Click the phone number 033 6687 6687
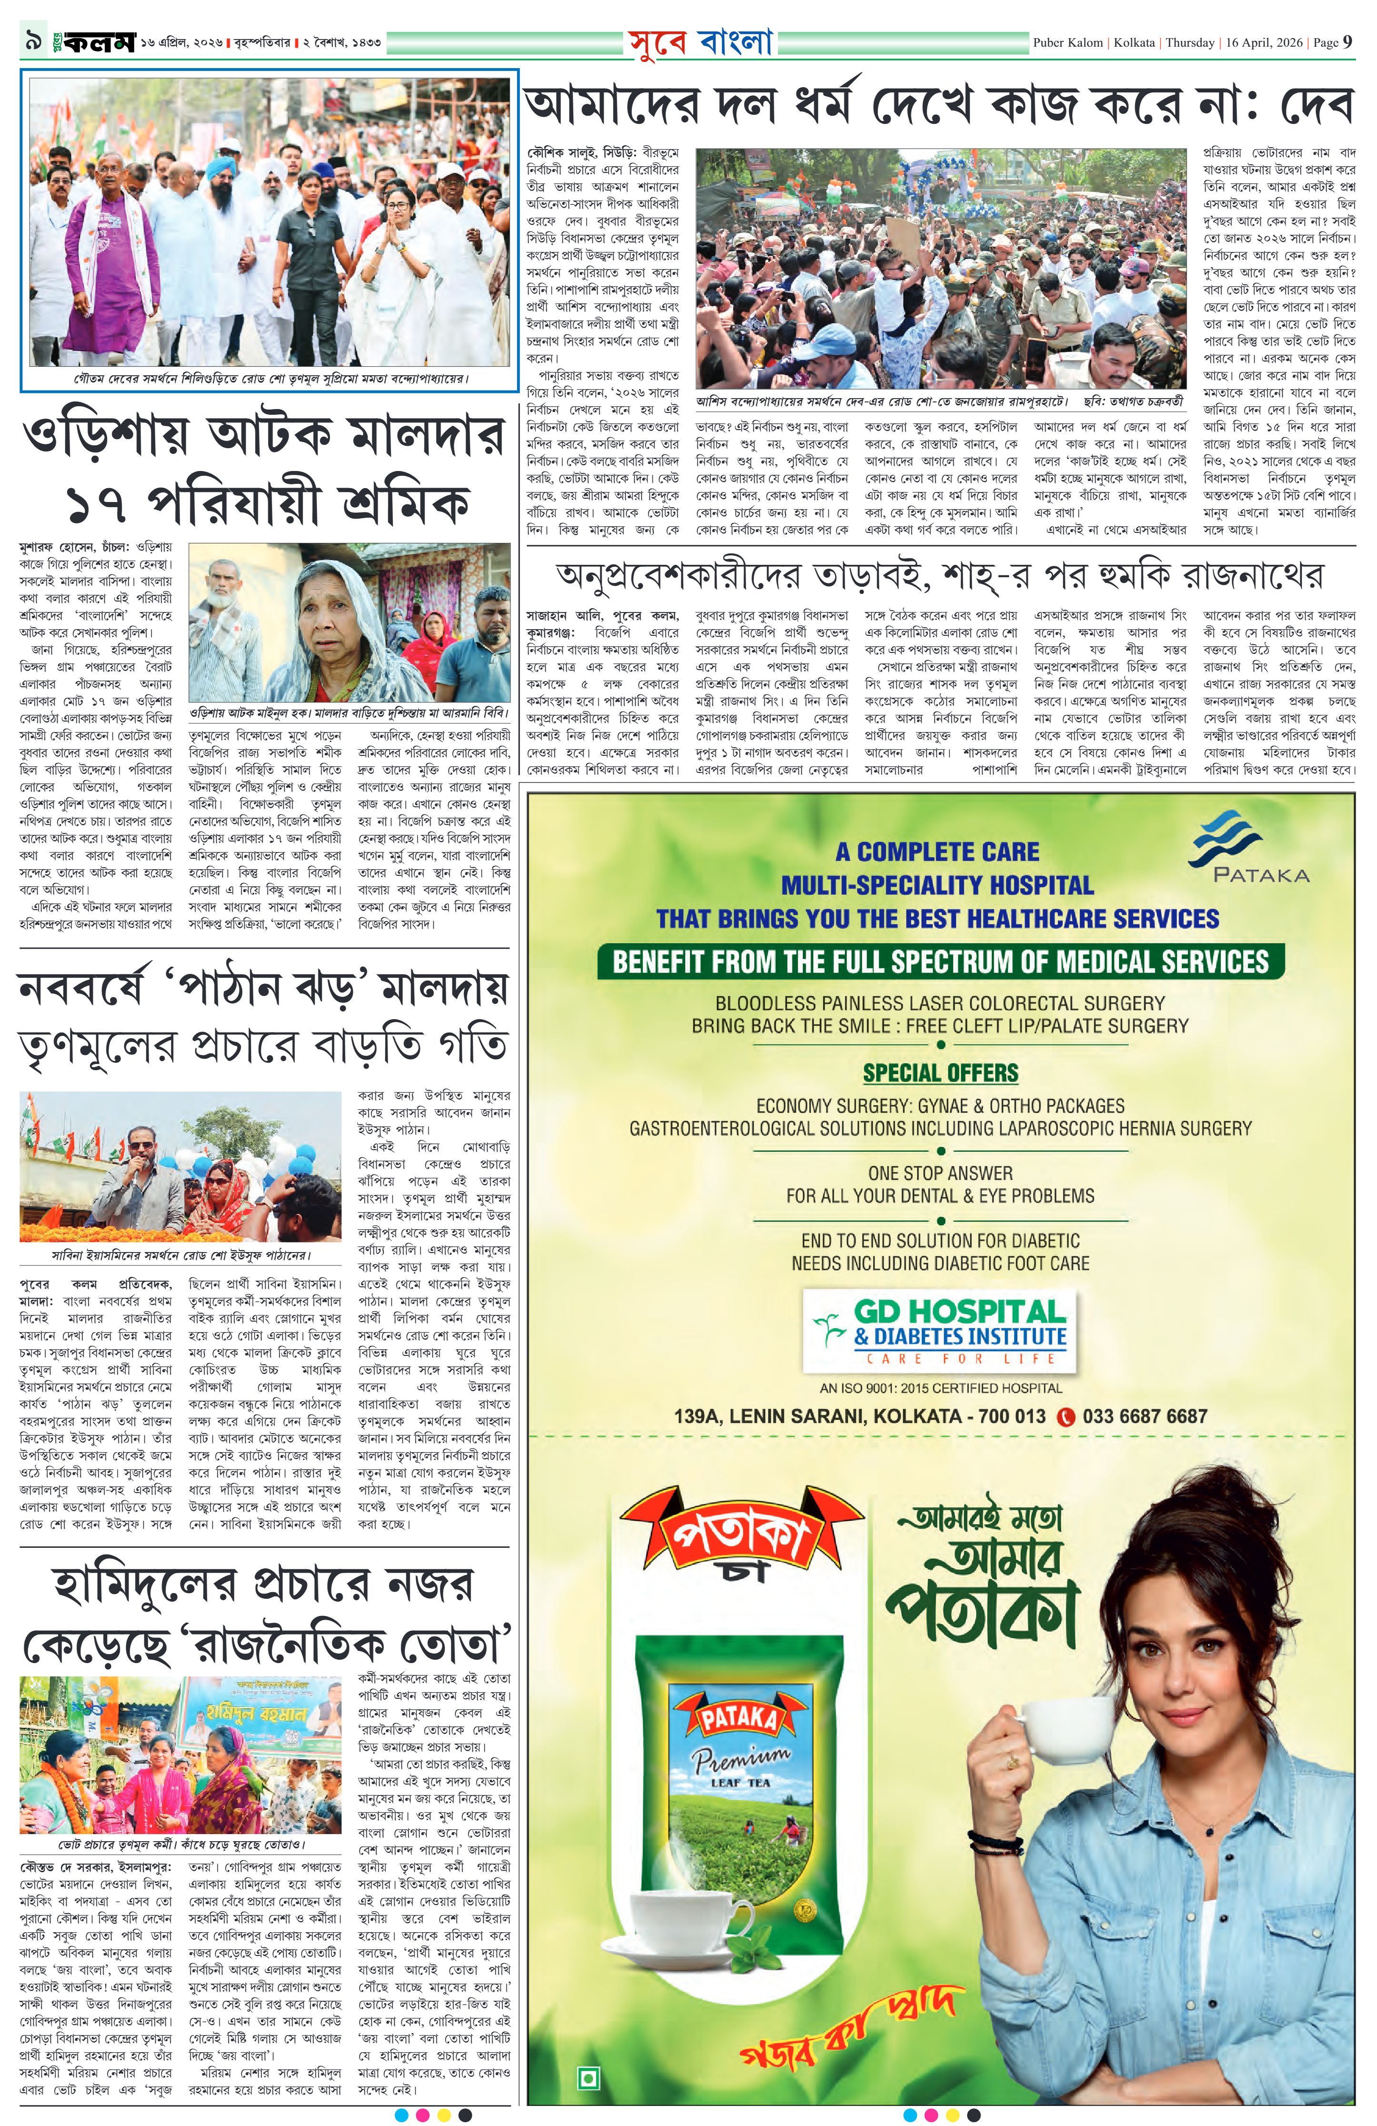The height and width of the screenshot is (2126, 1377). coord(1145,1416)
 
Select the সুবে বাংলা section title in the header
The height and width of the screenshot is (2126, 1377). coord(699,42)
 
